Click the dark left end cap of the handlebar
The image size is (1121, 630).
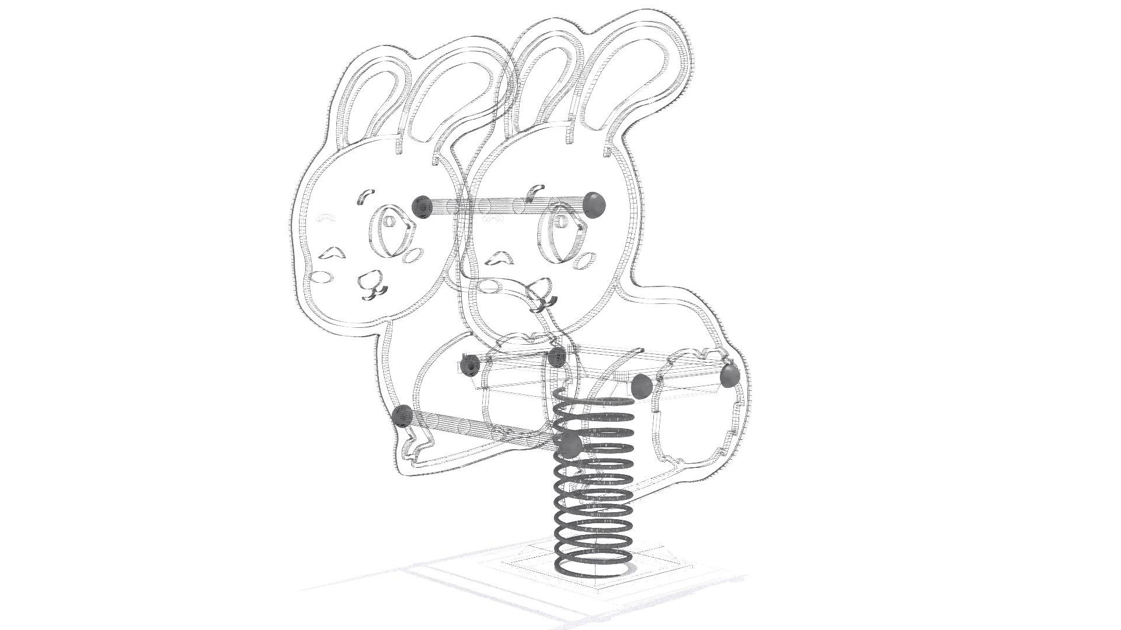pyautogui.click(x=422, y=206)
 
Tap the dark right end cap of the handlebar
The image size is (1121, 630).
pyautogui.click(x=595, y=205)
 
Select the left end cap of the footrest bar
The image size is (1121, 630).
pyautogui.click(x=402, y=416)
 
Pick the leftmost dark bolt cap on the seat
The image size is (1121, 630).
pyautogui.click(x=469, y=365)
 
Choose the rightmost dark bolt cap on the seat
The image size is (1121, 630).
pyautogui.click(x=729, y=376)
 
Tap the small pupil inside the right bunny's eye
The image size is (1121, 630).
pyautogui.click(x=559, y=221)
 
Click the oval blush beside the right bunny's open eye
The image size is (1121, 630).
pyautogui.click(x=589, y=258)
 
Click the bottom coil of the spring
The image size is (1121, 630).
pyautogui.click(x=593, y=565)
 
